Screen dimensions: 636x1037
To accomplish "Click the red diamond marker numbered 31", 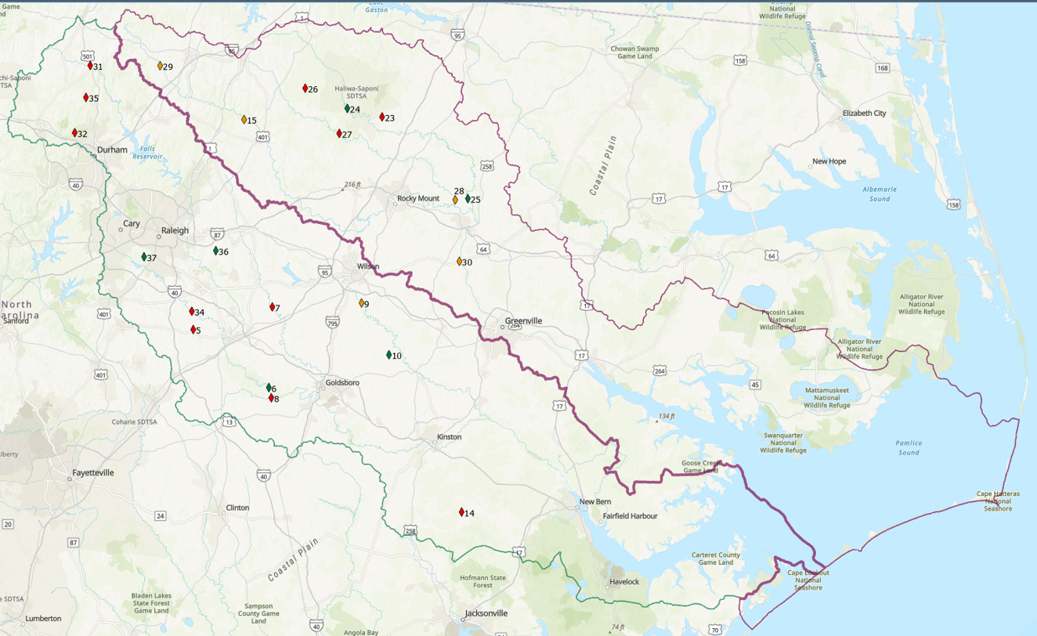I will [90, 66].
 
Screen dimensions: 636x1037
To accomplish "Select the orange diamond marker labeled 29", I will [160, 67].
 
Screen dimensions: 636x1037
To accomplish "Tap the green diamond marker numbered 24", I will [347, 109].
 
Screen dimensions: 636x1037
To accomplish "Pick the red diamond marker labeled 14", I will [461, 512].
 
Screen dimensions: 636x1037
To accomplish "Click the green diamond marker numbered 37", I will [144, 257].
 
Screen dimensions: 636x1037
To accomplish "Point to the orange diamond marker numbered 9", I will [362, 303].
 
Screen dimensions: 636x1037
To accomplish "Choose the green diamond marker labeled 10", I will [388, 355].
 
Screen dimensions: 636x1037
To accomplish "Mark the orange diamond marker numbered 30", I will [460, 262].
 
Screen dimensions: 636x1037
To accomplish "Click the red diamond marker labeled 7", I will [273, 307].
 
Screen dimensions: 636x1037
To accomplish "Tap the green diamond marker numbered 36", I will [215, 251].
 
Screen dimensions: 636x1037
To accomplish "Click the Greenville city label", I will [523, 321].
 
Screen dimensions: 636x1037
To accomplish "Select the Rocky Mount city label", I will [418, 198].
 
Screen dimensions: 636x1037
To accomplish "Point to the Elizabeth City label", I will [864, 114].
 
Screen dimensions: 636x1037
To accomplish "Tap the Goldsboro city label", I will [342, 382].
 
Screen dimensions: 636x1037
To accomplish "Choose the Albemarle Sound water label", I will [880, 193].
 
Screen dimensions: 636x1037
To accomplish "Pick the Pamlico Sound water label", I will [909, 448].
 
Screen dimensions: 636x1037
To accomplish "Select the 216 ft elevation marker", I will [352, 185].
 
